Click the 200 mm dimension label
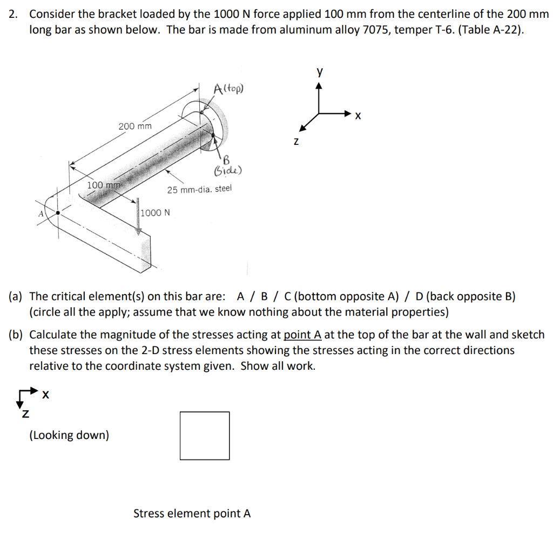(135, 126)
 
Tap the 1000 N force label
(155, 212)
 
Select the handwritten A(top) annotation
(228, 88)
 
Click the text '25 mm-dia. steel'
(199, 189)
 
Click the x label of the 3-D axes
(358, 115)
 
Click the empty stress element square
(205, 436)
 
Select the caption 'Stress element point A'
(192, 514)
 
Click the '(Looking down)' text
(69, 435)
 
